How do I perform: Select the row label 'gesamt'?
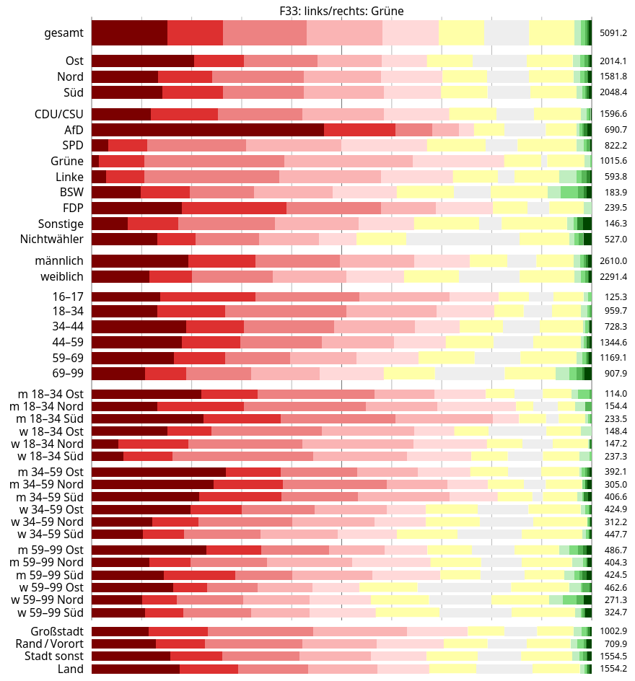click(x=63, y=32)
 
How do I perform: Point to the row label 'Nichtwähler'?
click(x=51, y=239)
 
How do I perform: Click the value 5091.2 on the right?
click(x=614, y=32)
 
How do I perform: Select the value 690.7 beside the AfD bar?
click(x=616, y=129)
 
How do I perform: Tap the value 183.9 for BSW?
click(x=616, y=192)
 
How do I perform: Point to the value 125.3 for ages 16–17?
click(x=616, y=296)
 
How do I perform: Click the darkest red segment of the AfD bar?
click(x=208, y=129)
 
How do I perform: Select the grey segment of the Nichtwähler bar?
click(x=463, y=239)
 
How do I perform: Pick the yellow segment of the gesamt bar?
click(x=461, y=32)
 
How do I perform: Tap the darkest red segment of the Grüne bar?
click(x=95, y=161)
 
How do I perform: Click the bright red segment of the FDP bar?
click(x=234, y=208)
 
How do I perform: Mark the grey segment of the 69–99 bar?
click(x=469, y=373)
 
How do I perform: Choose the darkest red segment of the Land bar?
click(x=136, y=669)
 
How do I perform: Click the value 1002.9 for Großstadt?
click(x=614, y=631)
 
